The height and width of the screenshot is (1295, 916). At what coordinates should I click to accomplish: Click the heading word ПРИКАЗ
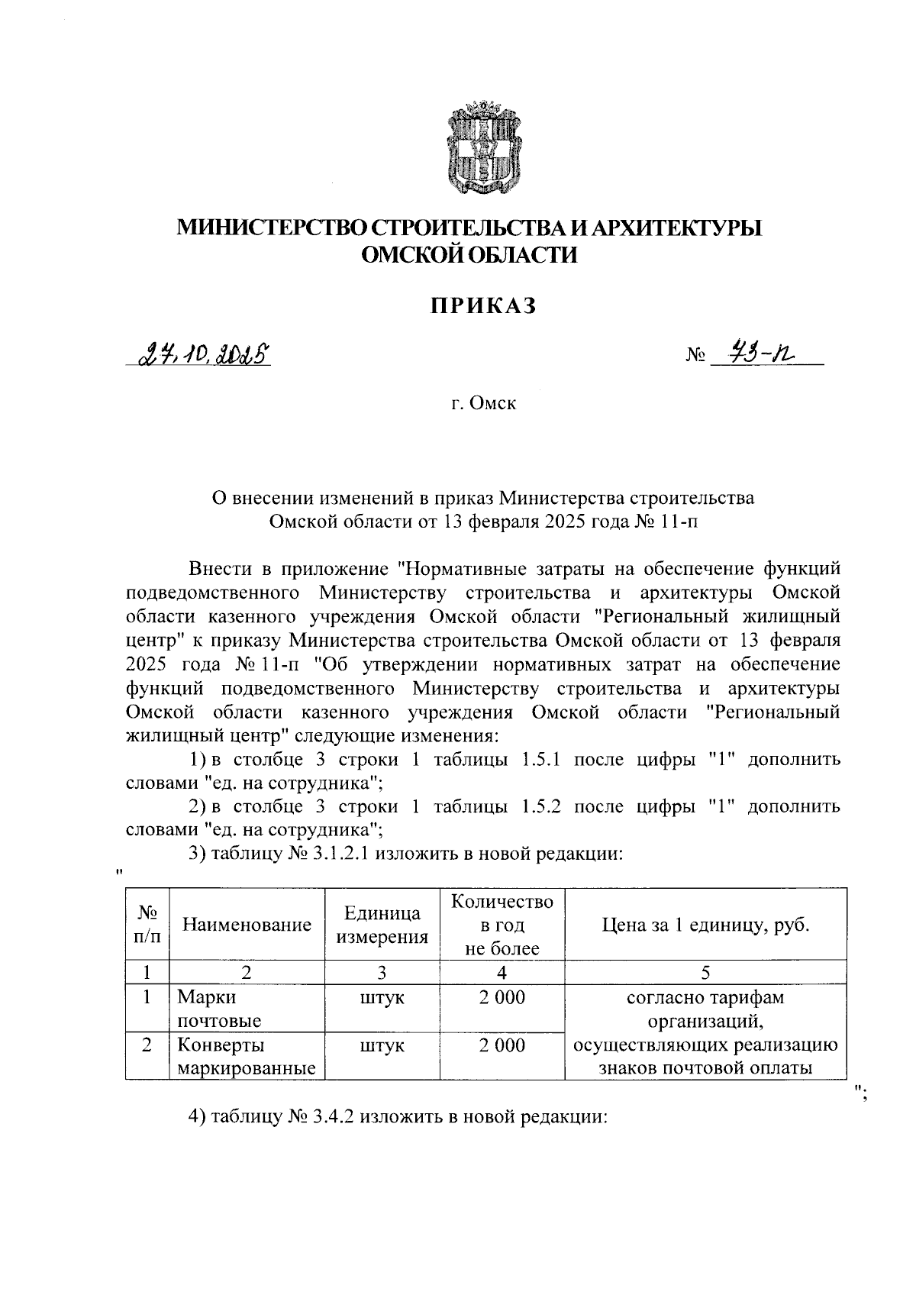pos(482,306)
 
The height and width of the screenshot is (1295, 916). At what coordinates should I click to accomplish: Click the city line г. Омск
pos(482,402)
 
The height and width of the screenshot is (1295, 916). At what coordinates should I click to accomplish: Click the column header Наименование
pos(247,925)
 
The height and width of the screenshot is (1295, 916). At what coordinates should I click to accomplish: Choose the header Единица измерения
pos(382,925)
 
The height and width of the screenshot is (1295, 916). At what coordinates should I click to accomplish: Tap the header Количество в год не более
pos(502,925)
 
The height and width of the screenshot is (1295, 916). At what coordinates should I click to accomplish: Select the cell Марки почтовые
pos(219,1009)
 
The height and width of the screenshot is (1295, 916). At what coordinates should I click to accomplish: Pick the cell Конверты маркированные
pos(246,1056)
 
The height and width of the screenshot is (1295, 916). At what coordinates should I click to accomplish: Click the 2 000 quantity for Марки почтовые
pos(502,997)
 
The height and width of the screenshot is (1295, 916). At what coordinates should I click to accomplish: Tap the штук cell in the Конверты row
pos(382,1045)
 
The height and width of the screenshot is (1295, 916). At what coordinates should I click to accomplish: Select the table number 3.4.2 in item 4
pos(332,1116)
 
